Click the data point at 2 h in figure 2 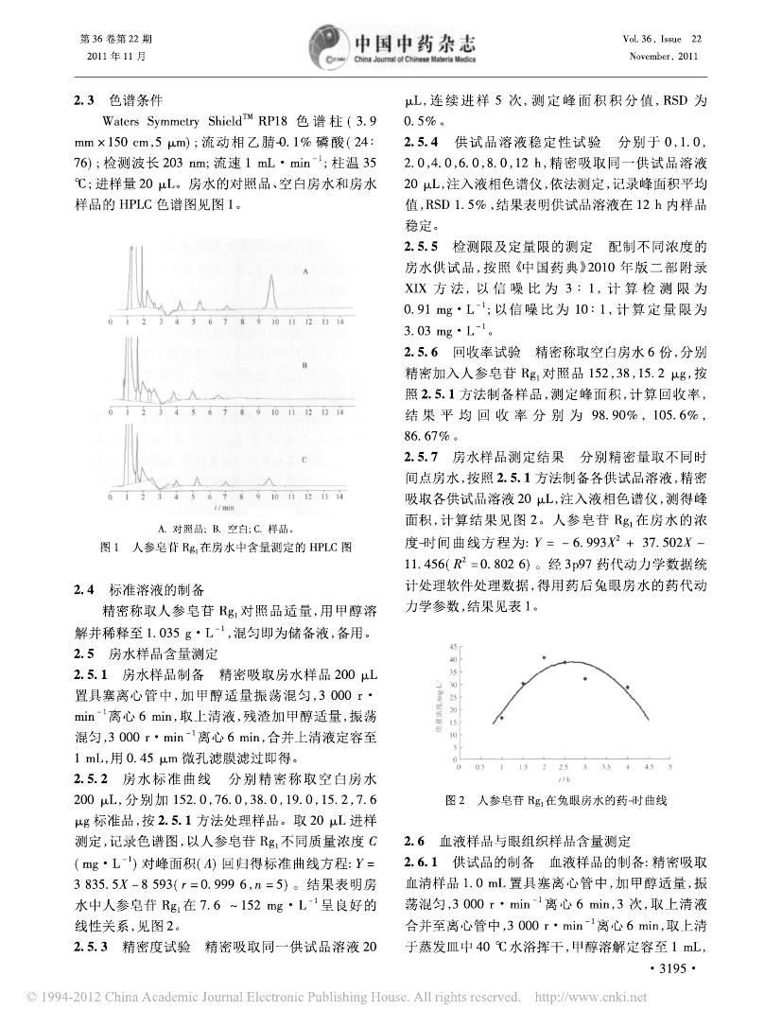(x=544, y=657)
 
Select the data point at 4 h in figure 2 (x=627, y=688)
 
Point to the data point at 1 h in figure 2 (x=501, y=718)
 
